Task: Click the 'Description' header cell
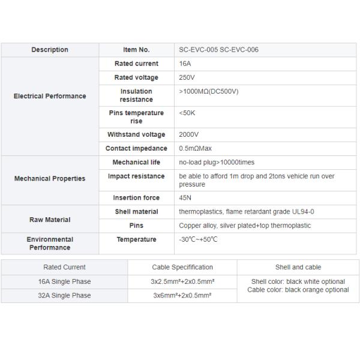[50, 50]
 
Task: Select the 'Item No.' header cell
[136, 50]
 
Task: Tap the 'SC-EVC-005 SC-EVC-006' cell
[219, 50]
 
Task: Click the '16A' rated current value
[185, 64]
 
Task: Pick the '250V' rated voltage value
[187, 77]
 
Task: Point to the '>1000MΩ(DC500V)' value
[209, 91]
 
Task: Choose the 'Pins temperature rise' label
[136, 117]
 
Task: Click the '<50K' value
[187, 113]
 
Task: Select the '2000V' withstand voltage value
[189, 134]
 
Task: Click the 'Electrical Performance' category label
[50, 96]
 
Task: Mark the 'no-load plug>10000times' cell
[217, 163]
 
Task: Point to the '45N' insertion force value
[185, 198]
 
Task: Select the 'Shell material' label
[136, 212]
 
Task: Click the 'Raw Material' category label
[50, 220]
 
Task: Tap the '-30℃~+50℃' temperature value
[198, 239]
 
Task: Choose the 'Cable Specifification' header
[182, 267]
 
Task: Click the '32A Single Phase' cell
[65, 295]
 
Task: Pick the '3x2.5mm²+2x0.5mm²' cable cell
[182, 281]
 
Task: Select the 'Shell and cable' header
[298, 267]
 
